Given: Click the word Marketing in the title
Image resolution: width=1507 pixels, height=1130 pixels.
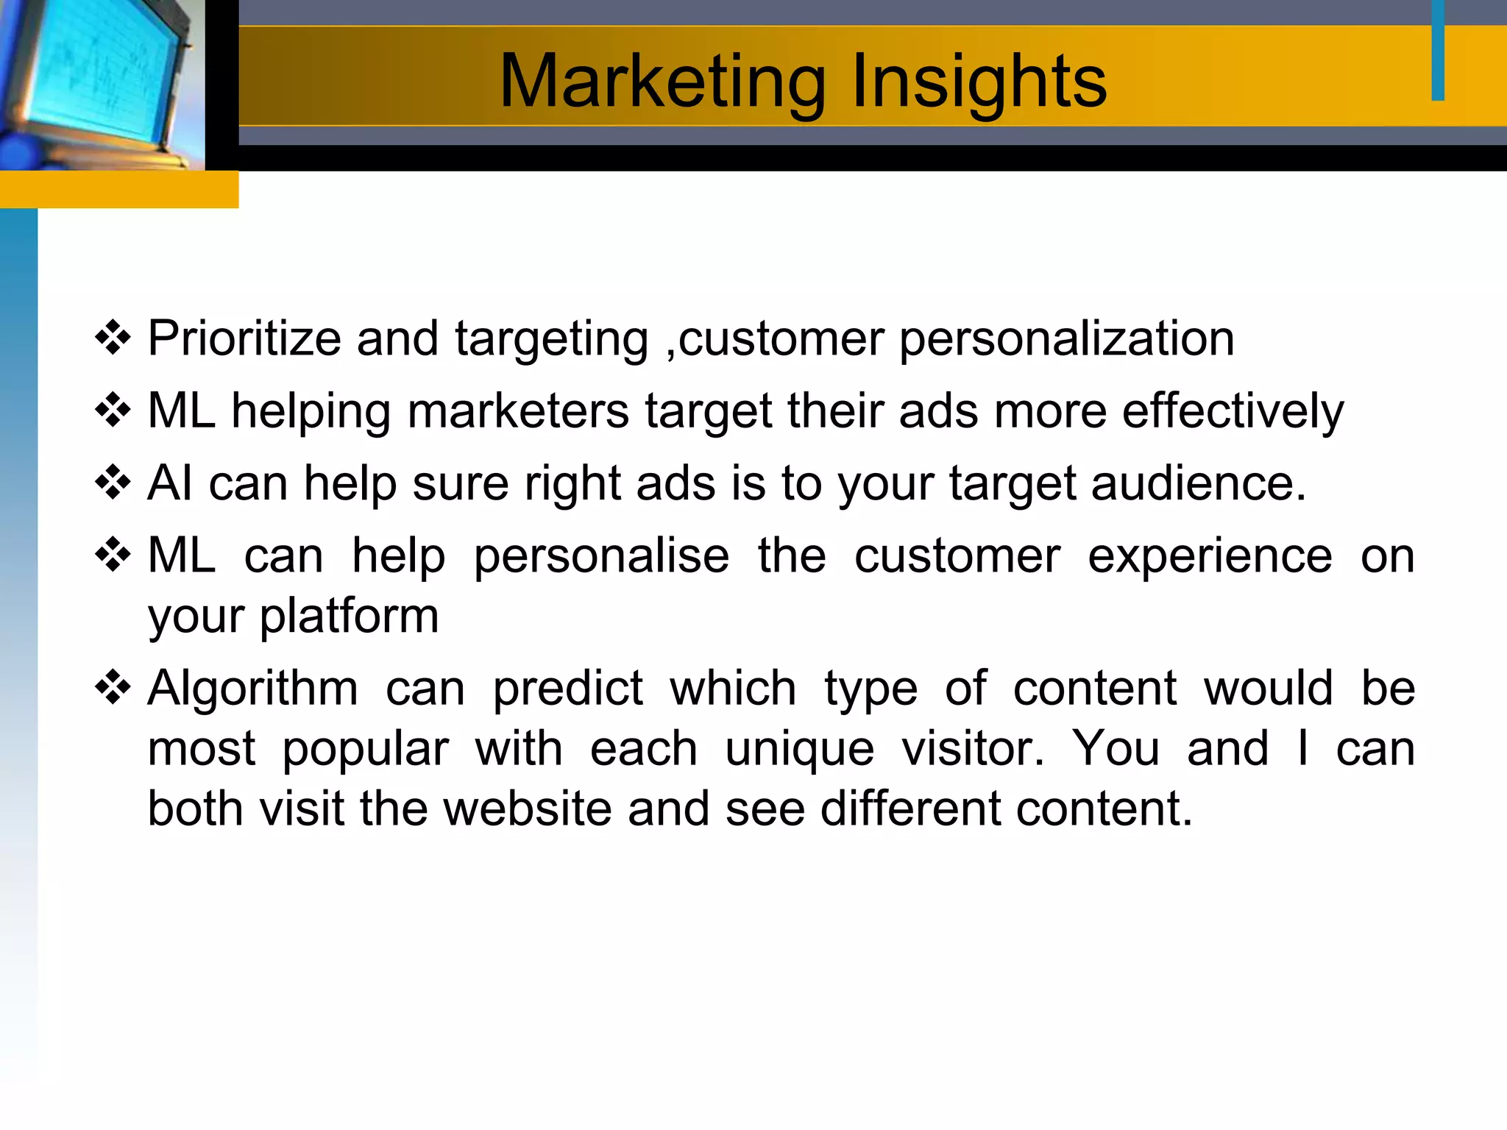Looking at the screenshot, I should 662,82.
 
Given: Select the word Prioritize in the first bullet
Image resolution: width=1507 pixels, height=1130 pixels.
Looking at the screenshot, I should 244,339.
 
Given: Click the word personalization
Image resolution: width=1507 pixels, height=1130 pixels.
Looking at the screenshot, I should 1066,339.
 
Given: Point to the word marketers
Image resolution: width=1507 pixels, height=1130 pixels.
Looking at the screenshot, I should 518,411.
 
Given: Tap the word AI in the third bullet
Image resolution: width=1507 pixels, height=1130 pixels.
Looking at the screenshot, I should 171,483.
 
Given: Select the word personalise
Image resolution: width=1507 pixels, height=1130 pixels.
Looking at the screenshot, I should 601,555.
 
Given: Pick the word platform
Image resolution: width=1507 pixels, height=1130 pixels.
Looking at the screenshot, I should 349,616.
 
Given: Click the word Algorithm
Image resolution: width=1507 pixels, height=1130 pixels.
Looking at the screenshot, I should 253,689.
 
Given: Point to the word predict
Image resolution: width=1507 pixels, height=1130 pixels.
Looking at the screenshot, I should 567,689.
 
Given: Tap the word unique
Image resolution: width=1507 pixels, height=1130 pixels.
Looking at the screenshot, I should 800,750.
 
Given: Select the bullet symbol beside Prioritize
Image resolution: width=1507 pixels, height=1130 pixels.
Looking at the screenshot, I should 113,339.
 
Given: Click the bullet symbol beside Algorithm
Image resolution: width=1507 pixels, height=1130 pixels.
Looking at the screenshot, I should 113,689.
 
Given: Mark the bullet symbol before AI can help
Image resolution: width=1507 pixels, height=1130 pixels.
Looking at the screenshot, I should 113,483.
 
